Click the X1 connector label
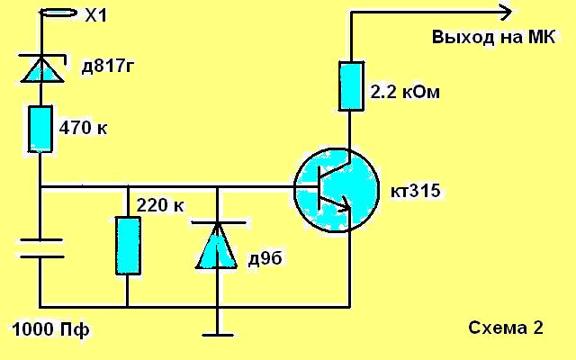pos(95,16)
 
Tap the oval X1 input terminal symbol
pos(58,13)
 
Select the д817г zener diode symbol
pos(42,68)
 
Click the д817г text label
pos(108,67)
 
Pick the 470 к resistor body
pos(40,129)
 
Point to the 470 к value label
pos(84,128)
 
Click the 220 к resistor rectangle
pos(128,246)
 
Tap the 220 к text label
pos(160,205)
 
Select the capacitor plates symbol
pos(41,248)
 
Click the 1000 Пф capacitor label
pos(50,329)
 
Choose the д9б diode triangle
pos(217,246)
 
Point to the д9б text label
pos(265,258)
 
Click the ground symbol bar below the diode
pos(218,335)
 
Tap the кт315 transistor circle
pos(336,190)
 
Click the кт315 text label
pos(416,191)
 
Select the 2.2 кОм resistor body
pos(351,86)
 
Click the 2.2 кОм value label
pos(405,92)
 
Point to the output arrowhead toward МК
pos(506,12)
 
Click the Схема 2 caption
pos(506,328)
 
